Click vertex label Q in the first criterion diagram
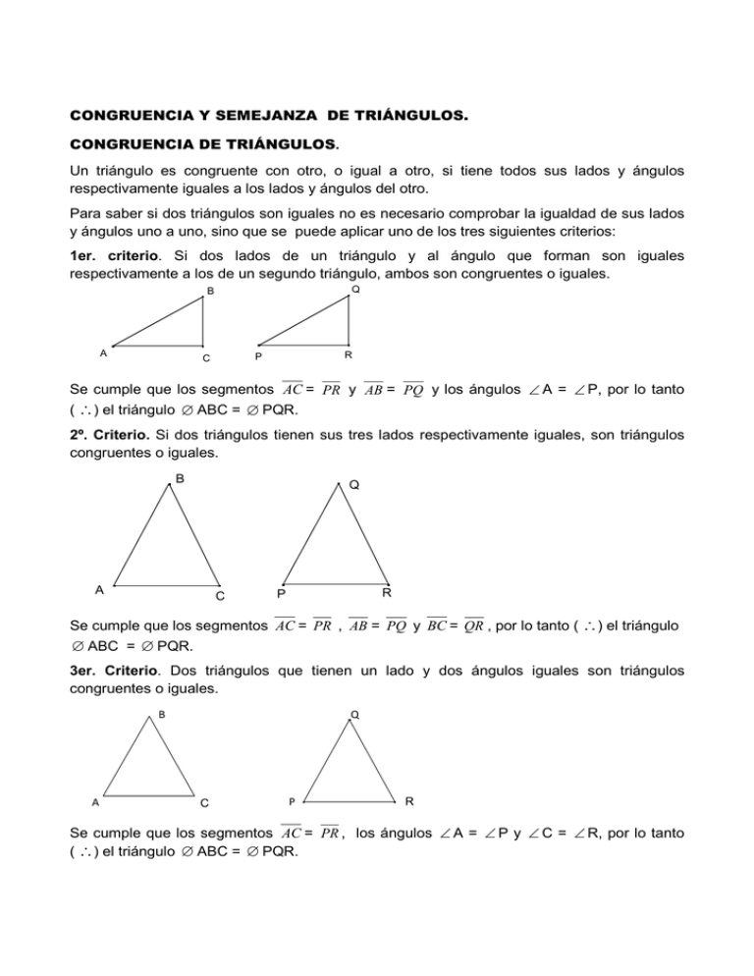tap(355, 290)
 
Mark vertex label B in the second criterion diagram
tap(180, 479)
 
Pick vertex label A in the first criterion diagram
tap(102, 351)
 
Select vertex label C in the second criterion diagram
tap(220, 596)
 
